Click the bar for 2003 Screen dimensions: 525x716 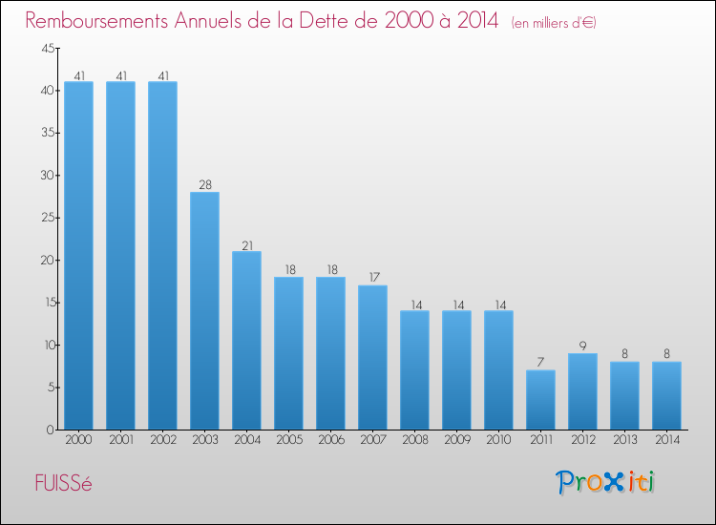click(204, 310)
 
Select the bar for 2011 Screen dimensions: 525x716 click(540, 399)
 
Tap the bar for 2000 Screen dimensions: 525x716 click(78, 255)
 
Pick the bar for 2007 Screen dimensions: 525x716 click(372, 357)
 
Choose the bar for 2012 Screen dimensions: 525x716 click(582, 390)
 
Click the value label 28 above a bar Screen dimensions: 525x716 click(204, 185)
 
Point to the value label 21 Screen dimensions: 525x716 click(246, 244)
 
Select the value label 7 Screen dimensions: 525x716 click(540, 363)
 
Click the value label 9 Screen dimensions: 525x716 click(582, 346)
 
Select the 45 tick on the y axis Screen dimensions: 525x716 click(47, 49)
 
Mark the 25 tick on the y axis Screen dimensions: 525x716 click(47, 218)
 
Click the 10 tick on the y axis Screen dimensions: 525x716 click(47, 345)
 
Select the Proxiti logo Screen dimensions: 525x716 click(606, 482)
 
